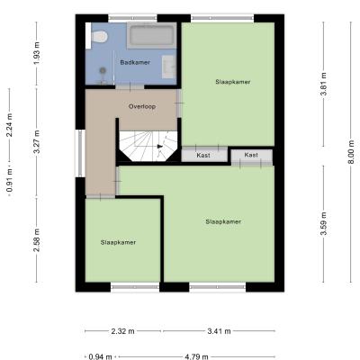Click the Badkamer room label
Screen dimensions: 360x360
[x=135, y=62]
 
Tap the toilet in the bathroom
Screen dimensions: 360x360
[x=99, y=37]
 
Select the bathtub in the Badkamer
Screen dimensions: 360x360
[x=151, y=35]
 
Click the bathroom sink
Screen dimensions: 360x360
[x=169, y=67]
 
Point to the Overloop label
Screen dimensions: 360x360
[x=142, y=106]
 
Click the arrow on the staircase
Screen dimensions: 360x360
[x=160, y=147]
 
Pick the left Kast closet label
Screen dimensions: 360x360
[x=203, y=156]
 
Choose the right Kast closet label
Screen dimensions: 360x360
[x=251, y=155]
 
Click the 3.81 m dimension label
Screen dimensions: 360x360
[x=323, y=85]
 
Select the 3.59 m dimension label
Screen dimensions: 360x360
[x=323, y=224]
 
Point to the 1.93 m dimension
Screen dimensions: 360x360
[x=37, y=53]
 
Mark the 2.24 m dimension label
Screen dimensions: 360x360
[x=10, y=125]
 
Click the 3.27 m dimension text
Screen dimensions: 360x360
[x=37, y=142]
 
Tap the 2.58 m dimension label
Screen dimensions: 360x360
[x=37, y=240]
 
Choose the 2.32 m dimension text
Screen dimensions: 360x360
[x=123, y=331]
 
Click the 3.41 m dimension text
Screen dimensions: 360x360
[x=219, y=331]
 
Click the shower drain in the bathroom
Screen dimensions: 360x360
[x=103, y=70]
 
